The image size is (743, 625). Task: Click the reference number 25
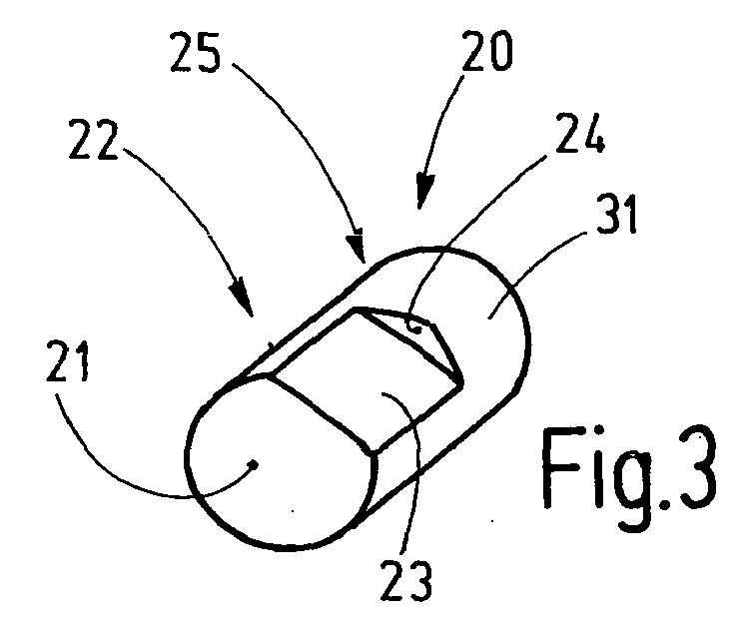(195, 53)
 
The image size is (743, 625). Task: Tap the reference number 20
(487, 51)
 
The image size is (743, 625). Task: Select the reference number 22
(93, 140)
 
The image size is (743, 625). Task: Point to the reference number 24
(580, 134)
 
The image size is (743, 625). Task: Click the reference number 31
(615, 215)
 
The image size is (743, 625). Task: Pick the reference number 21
(67, 361)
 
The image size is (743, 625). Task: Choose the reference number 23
(406, 581)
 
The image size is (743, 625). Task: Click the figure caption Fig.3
(629, 467)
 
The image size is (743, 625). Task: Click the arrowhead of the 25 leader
(356, 247)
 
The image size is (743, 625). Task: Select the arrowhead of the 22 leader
(242, 300)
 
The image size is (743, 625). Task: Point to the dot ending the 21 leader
(255, 464)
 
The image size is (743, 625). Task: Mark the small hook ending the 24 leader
(415, 326)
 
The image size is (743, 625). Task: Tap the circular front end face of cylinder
(282, 461)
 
